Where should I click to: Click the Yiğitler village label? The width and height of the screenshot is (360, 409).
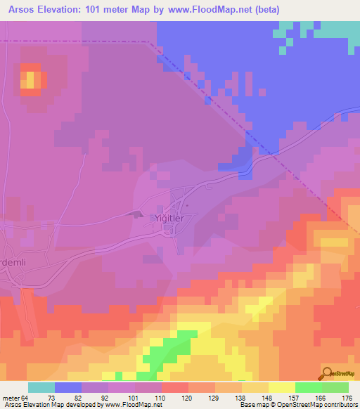[x=169, y=219]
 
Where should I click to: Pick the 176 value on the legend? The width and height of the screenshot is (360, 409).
[x=347, y=398]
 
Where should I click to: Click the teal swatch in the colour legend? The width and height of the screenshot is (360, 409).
[x=41, y=387]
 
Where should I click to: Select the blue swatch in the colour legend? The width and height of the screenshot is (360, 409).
[x=68, y=387]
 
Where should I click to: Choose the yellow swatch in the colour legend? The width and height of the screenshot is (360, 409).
[x=281, y=387]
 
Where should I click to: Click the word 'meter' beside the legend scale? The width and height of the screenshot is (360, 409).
[x=11, y=398]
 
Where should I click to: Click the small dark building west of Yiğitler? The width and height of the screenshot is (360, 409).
[x=137, y=214]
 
